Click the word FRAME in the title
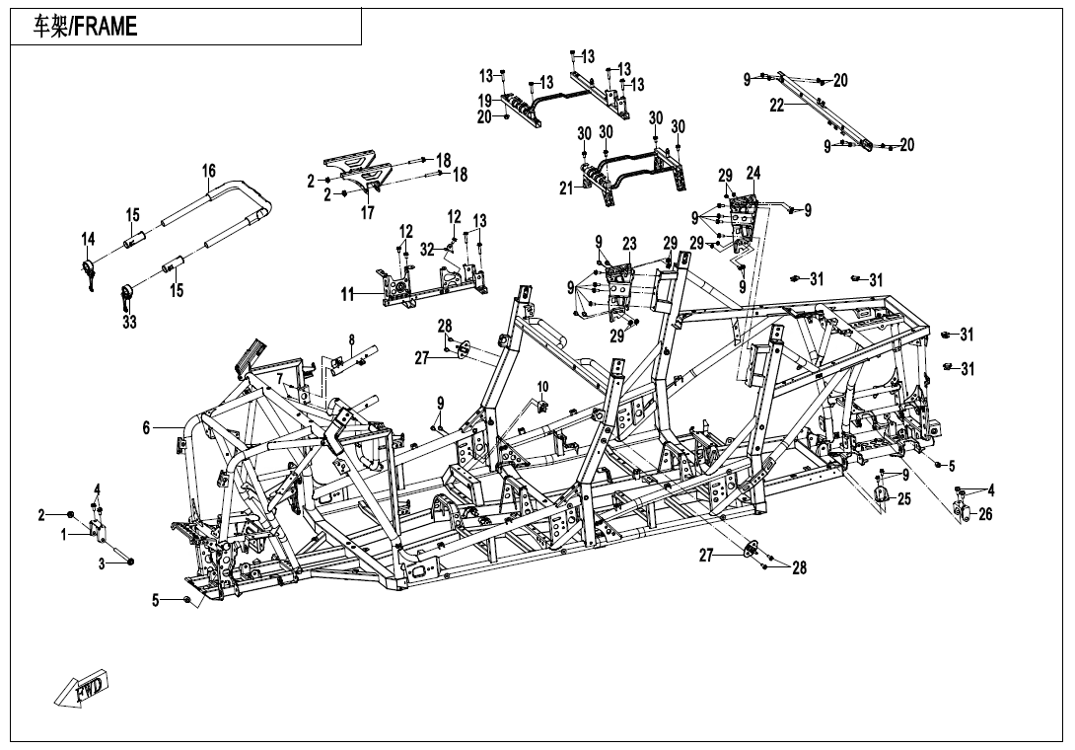[106, 26]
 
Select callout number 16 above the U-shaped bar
[209, 170]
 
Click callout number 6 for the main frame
[146, 428]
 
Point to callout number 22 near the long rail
[777, 106]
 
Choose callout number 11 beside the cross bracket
[348, 294]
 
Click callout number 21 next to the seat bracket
[566, 187]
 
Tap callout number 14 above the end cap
[89, 240]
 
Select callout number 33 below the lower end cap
[129, 321]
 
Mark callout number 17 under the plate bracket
[368, 213]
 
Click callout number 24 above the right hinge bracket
[753, 173]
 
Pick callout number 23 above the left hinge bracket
[629, 243]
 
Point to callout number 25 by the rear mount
[904, 499]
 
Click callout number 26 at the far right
[985, 514]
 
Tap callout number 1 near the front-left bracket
[64, 535]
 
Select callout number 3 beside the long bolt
[102, 564]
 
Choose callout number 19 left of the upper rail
[485, 101]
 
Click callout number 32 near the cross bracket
[427, 250]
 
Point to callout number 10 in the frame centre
[542, 387]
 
